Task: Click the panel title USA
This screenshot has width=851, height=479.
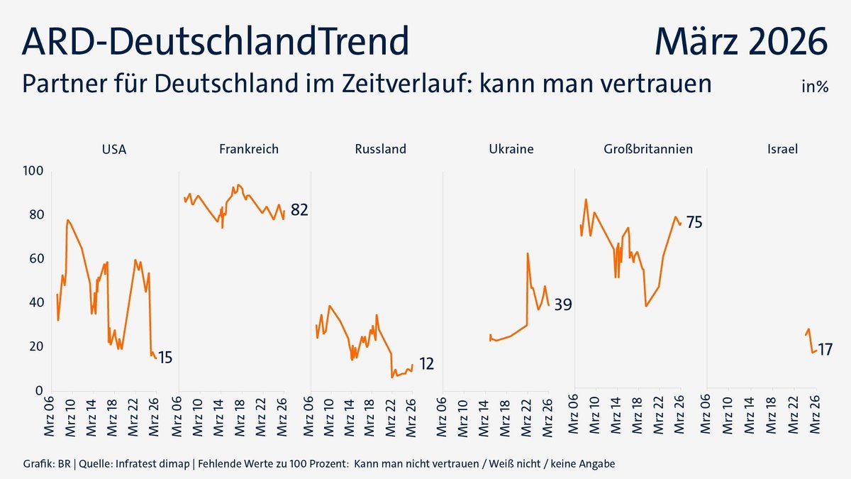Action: click(114, 149)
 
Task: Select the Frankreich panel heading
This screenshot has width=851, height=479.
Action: click(248, 149)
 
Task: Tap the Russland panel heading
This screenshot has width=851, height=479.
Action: click(380, 149)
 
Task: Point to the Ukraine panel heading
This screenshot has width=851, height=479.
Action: click(511, 149)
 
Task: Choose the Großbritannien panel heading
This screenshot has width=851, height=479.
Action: click(648, 149)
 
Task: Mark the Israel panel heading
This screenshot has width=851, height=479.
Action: click(782, 149)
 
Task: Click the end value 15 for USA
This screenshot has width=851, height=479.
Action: click(165, 358)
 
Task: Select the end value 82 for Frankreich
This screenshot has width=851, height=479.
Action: click(299, 210)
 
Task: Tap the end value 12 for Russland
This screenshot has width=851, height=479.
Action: click(426, 364)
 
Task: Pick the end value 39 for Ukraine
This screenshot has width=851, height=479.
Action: click(563, 304)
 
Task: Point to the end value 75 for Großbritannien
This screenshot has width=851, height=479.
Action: click(694, 223)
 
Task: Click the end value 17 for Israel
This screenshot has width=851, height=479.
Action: click(825, 349)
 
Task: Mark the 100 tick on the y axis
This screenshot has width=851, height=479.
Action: click(33, 171)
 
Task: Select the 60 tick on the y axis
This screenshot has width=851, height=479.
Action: click(36, 259)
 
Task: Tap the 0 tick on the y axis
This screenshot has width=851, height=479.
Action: click(40, 390)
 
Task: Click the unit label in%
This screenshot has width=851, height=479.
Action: click(815, 87)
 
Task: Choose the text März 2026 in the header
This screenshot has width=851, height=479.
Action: click(740, 42)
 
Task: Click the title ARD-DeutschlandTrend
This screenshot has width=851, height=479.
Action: click(216, 42)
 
